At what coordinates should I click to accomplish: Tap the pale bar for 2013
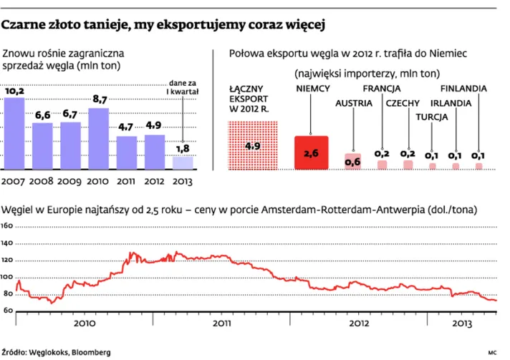click(x=183, y=162)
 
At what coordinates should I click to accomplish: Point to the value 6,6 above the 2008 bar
click(x=42, y=115)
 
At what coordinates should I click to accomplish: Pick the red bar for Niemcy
click(x=311, y=152)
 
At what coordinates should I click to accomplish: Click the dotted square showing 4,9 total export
click(x=252, y=145)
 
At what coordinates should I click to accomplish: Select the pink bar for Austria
click(x=352, y=161)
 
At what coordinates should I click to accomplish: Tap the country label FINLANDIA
click(x=463, y=88)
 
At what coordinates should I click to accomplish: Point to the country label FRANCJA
click(x=381, y=88)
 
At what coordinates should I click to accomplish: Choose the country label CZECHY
click(x=403, y=103)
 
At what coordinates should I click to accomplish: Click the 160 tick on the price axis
click(x=7, y=225)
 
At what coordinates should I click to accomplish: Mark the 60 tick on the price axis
click(x=9, y=310)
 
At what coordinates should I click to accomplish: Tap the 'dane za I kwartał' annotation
click(x=183, y=87)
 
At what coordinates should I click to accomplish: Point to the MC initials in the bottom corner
click(x=493, y=352)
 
